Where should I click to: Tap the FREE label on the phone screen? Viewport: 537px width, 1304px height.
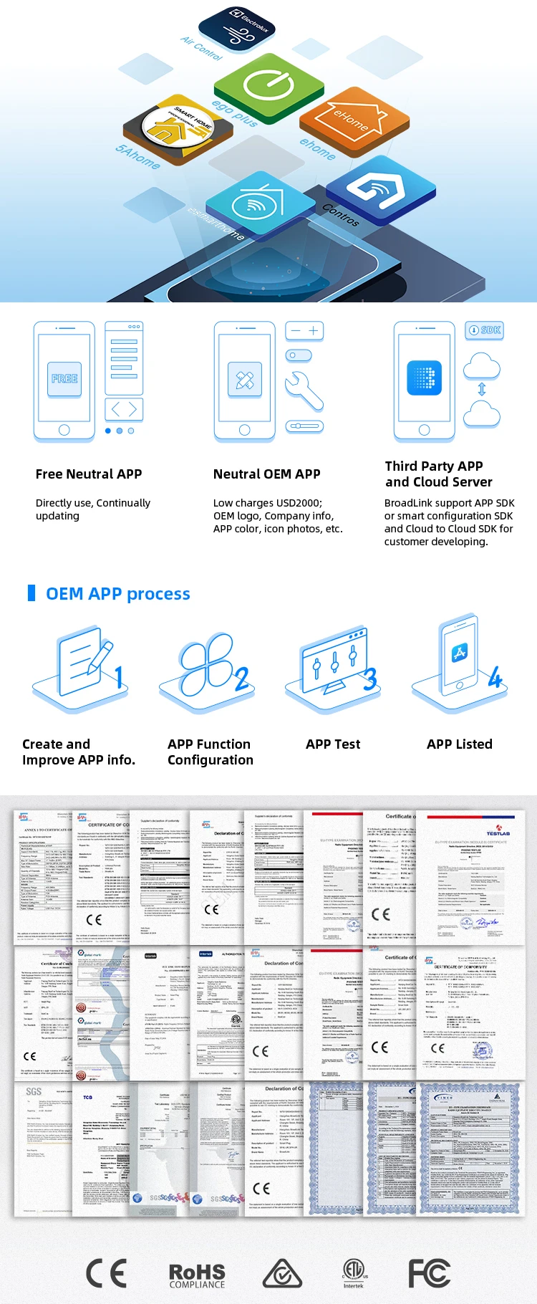click(64, 378)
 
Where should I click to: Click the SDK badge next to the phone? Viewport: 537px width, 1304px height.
click(485, 330)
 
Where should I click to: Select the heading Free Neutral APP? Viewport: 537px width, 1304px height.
click(89, 474)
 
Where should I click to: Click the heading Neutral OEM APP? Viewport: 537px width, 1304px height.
click(266, 474)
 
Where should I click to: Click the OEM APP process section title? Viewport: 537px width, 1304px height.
click(118, 594)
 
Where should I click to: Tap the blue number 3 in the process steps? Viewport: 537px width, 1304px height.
click(369, 679)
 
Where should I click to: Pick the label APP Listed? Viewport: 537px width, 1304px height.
click(460, 744)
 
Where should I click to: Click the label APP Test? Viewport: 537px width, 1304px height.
click(333, 744)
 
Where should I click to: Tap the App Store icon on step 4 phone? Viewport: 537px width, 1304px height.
click(460, 653)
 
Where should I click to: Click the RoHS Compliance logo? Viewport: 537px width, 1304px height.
click(197, 1275)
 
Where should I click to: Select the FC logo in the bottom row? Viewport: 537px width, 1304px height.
click(429, 1273)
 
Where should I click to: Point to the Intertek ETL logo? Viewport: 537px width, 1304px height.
click(353, 1273)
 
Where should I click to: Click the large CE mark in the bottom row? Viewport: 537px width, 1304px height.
click(106, 1273)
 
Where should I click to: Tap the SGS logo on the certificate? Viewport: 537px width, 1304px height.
click(34, 1092)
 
